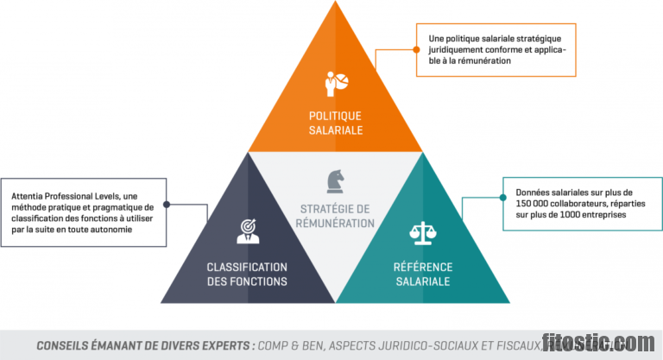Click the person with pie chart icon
coord(336,83)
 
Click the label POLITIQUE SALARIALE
coord(336,123)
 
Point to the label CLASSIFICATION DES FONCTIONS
coord(247,274)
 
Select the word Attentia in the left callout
coord(28,196)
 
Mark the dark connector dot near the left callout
coord(166,205)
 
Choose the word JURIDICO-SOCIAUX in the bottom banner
coord(434,345)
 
